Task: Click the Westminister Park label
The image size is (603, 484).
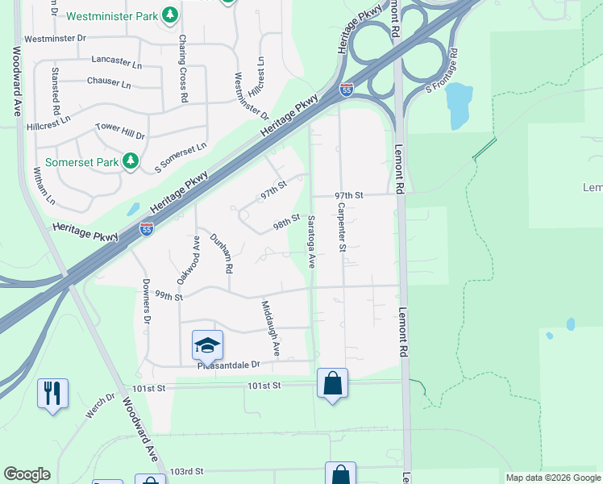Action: (x=112, y=15)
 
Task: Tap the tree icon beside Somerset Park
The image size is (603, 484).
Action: (x=130, y=162)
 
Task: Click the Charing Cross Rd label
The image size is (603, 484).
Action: (x=183, y=69)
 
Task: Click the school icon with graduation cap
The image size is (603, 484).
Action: (x=207, y=345)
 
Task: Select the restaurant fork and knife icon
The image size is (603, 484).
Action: (x=52, y=393)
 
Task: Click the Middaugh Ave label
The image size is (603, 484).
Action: (x=270, y=328)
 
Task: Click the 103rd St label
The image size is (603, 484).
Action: (x=188, y=470)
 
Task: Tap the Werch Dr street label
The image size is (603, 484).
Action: (x=100, y=405)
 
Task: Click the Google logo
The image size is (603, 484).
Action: (x=27, y=474)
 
